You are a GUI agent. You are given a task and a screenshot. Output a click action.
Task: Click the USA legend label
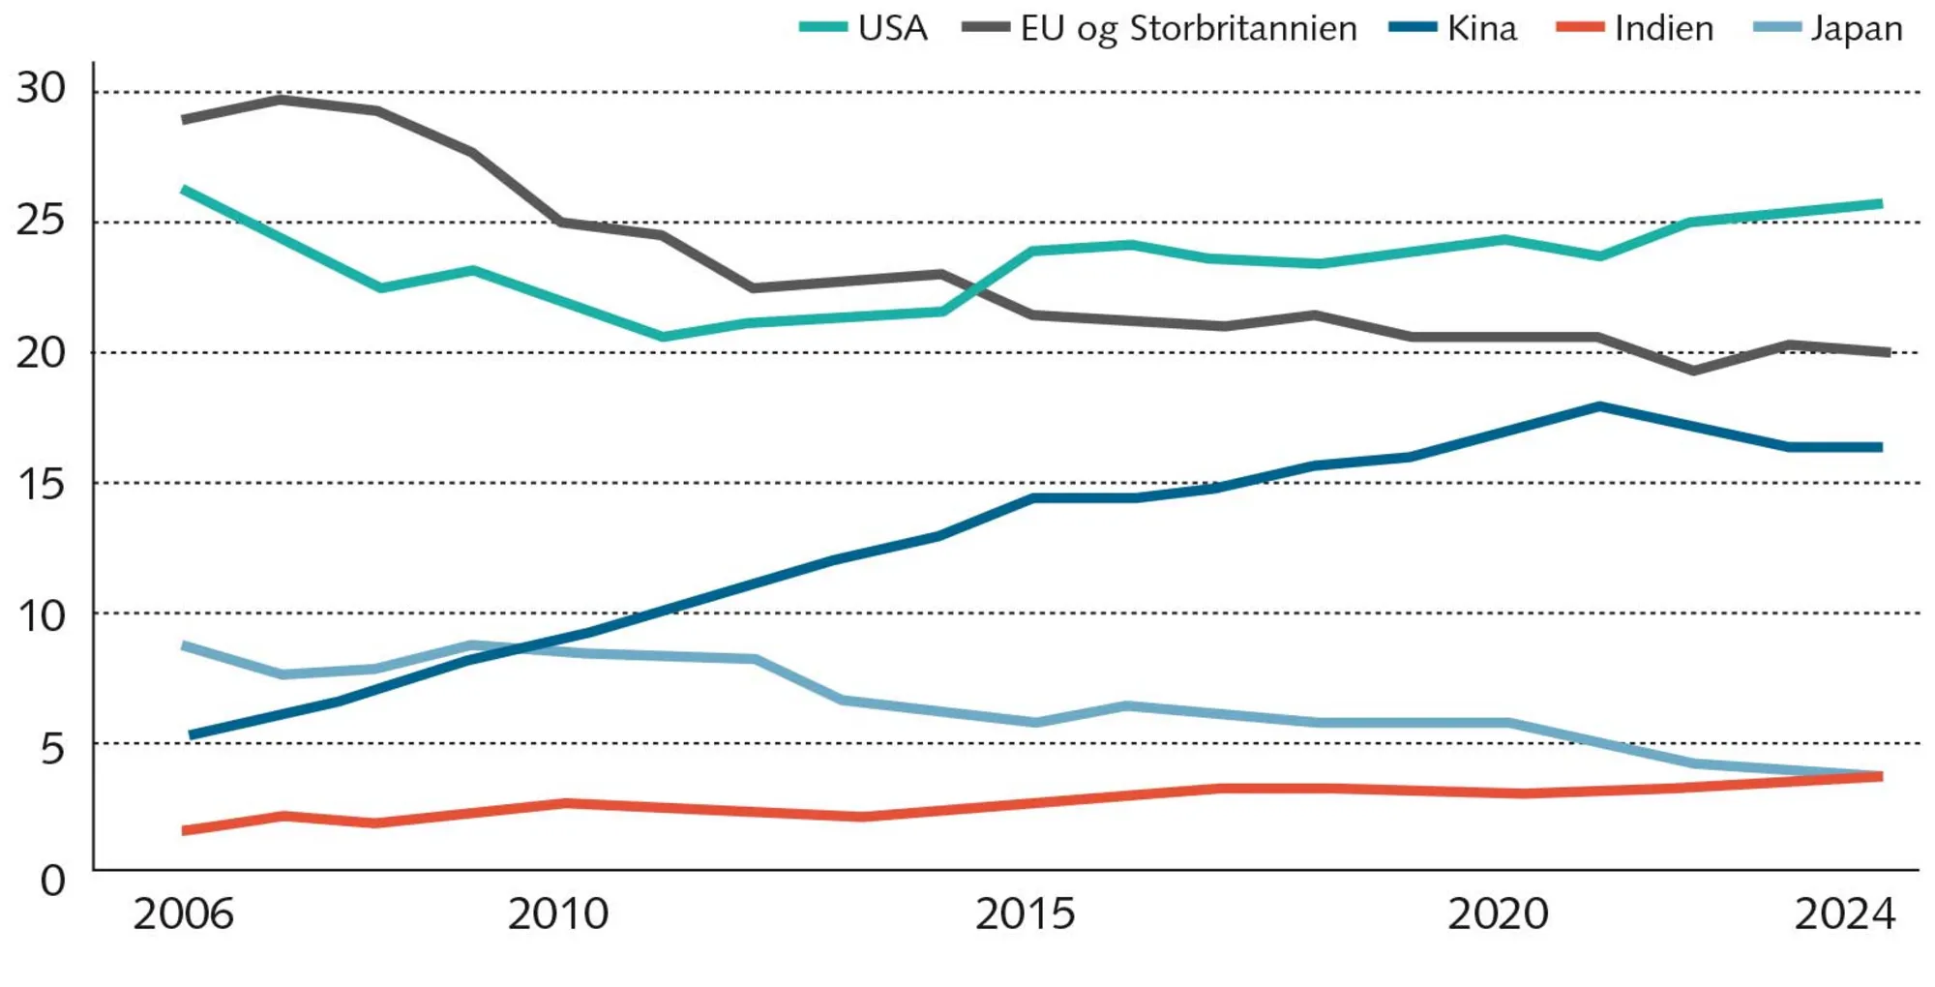[891, 28]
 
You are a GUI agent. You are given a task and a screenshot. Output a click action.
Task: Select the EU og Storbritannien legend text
[1188, 28]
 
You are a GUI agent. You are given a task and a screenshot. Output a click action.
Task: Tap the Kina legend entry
[1481, 28]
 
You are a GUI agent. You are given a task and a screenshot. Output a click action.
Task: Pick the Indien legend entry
[1663, 28]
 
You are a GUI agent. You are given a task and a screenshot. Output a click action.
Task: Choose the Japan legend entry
[1856, 28]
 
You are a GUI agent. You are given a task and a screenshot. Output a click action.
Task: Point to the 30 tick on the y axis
[41, 89]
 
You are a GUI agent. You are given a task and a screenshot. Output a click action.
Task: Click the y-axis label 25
[41, 221]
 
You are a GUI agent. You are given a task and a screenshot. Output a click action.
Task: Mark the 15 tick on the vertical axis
[41, 484]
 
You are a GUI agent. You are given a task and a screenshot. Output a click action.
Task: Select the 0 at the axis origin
[52, 881]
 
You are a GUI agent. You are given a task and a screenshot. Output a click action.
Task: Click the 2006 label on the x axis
[183, 914]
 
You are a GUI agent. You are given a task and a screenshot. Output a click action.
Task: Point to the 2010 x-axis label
[558, 914]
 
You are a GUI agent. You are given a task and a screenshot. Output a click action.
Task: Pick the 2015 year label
[1025, 914]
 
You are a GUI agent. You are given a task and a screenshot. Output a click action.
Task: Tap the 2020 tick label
[1498, 914]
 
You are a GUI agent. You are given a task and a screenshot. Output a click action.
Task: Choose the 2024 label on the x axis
[1845, 914]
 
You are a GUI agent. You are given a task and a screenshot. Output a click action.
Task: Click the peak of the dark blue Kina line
[1600, 406]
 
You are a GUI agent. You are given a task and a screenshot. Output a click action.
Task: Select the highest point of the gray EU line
[281, 99]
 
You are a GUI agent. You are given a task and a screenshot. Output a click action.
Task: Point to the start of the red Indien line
[185, 830]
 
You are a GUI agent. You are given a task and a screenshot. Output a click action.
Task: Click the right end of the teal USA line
[1880, 203]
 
